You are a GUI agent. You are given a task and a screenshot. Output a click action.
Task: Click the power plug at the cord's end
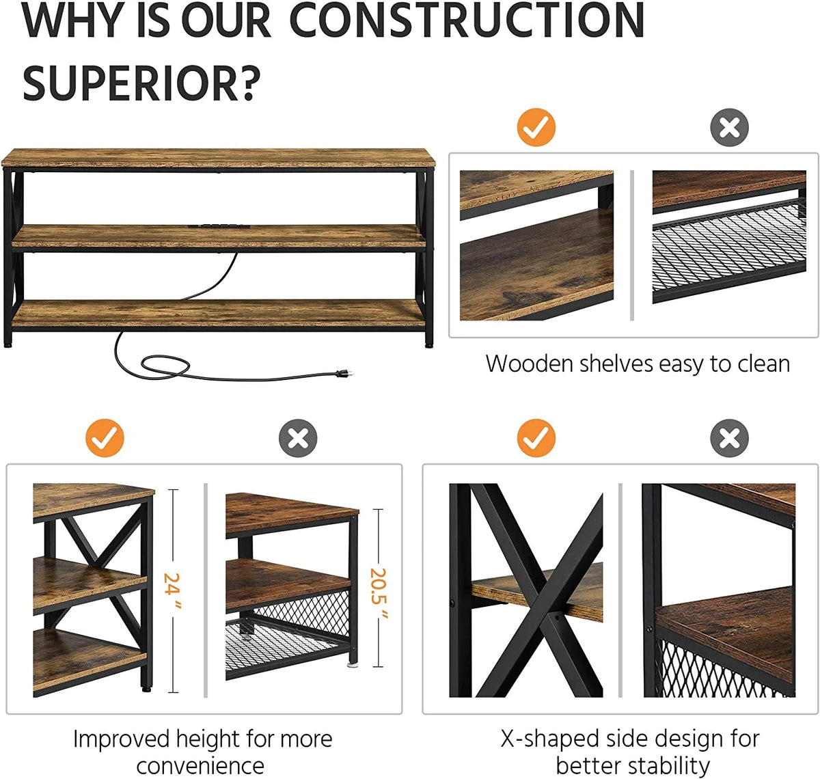[x=346, y=372]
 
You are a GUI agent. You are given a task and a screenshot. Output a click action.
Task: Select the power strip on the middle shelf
[x=219, y=226]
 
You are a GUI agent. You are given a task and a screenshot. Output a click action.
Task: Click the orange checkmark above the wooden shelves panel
[x=536, y=127]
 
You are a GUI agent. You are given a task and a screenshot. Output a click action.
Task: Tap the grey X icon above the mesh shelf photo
[x=730, y=127]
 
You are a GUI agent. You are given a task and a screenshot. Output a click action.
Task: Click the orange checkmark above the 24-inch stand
[x=105, y=438]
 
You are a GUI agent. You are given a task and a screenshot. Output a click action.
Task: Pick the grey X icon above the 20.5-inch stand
[x=298, y=438]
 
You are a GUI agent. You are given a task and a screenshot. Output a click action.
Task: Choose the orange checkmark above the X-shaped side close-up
[x=536, y=438]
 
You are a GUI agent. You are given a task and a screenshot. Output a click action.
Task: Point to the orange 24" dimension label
[x=172, y=590]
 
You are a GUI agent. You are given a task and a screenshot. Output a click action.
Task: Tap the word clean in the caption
[x=764, y=364]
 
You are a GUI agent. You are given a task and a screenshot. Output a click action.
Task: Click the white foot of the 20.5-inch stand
[x=353, y=664]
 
